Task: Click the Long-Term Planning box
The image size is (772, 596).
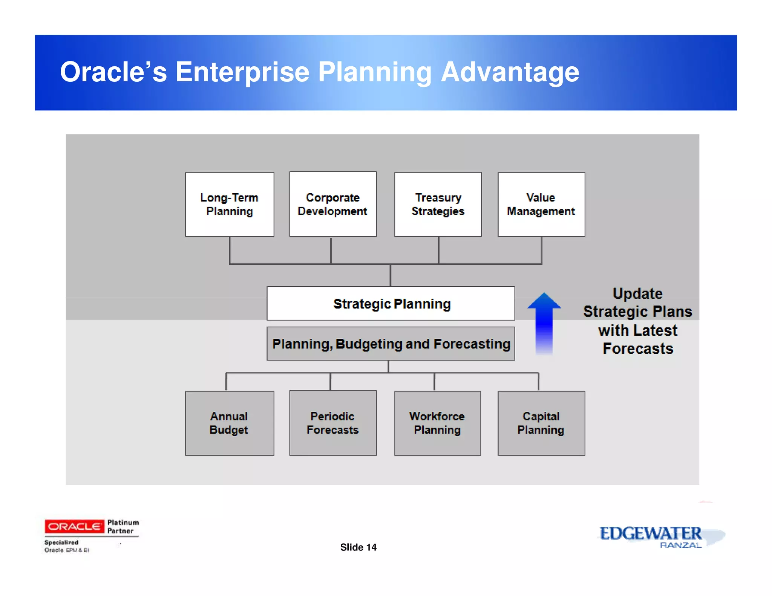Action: pyautogui.click(x=229, y=205)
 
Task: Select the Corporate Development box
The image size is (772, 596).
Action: pyautogui.click(x=332, y=205)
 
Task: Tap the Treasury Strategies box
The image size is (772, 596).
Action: pyautogui.click(x=438, y=205)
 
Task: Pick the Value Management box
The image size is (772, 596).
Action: pyautogui.click(x=541, y=205)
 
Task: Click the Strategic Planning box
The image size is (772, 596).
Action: pyautogui.click(x=391, y=304)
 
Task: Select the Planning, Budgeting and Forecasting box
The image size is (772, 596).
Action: pyautogui.click(x=391, y=344)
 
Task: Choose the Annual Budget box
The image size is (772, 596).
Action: pyautogui.click(x=229, y=423)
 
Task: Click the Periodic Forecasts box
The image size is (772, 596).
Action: pyautogui.click(x=332, y=423)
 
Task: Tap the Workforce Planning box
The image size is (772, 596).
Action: pyautogui.click(x=437, y=423)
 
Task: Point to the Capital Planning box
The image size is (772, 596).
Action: pyautogui.click(x=541, y=423)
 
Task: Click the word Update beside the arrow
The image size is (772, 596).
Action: pyautogui.click(x=637, y=293)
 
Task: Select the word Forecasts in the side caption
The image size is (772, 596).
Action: pyautogui.click(x=638, y=348)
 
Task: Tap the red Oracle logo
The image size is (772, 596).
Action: pyautogui.click(x=74, y=526)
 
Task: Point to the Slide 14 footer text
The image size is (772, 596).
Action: pyautogui.click(x=358, y=547)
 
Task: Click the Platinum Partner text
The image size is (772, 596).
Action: pyautogui.click(x=123, y=526)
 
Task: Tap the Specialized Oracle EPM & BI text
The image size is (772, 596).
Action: pyautogui.click(x=66, y=546)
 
